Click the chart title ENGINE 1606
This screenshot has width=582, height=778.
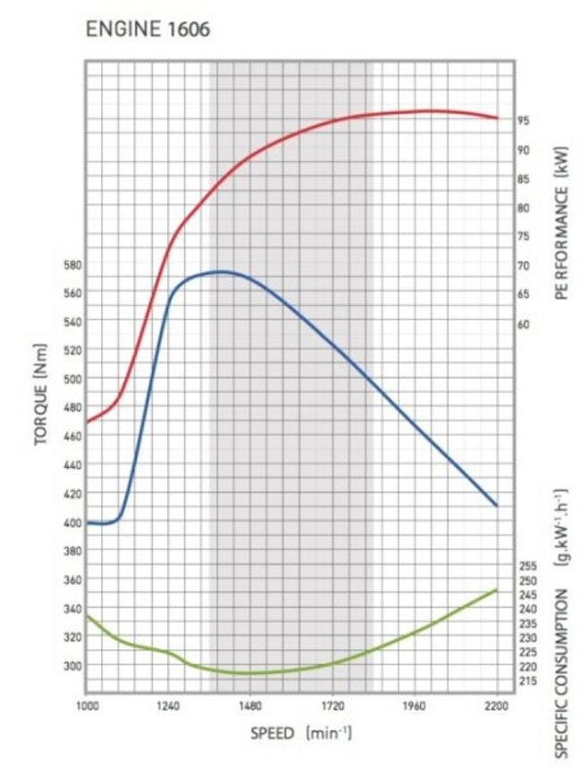[x=148, y=30]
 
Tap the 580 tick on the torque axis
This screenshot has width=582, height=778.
[x=71, y=264]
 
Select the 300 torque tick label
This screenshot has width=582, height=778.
[x=71, y=665]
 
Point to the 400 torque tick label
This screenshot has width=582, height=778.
[x=71, y=522]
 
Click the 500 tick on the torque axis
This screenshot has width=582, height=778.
[x=71, y=378]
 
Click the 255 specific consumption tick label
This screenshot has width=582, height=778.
[x=527, y=566]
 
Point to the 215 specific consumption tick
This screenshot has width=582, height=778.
[x=527, y=681]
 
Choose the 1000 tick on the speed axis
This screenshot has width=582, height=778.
[x=87, y=706]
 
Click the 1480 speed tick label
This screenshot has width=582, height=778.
[x=249, y=706]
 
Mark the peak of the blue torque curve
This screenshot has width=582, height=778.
[x=220, y=271]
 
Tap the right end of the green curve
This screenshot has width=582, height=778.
[x=496, y=590]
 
